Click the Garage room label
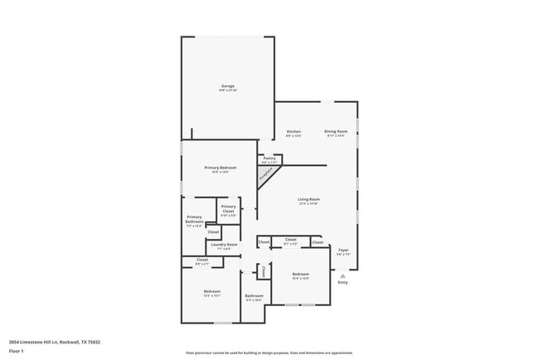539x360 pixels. [x=227, y=86]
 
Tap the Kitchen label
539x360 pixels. [x=294, y=132]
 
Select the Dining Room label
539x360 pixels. [x=335, y=132]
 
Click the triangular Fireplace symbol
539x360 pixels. [x=266, y=175]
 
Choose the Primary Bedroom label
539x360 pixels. [x=221, y=168]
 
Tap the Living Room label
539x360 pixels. [x=309, y=199]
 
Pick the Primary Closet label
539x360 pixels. [x=228, y=209]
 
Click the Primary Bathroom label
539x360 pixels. [x=194, y=221]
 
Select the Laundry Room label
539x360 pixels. [x=224, y=245]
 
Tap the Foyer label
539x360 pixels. [x=343, y=250]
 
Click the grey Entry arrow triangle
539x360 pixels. [x=342, y=276]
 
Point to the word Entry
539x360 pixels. [x=342, y=284]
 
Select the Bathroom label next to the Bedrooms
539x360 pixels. [x=254, y=296]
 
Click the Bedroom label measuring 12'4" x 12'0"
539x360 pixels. [x=300, y=275]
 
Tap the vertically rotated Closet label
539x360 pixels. [x=264, y=271]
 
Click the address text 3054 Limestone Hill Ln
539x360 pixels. [x=42, y=341]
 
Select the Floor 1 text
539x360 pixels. [x=17, y=351]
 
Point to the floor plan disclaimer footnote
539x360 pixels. [x=269, y=352]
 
